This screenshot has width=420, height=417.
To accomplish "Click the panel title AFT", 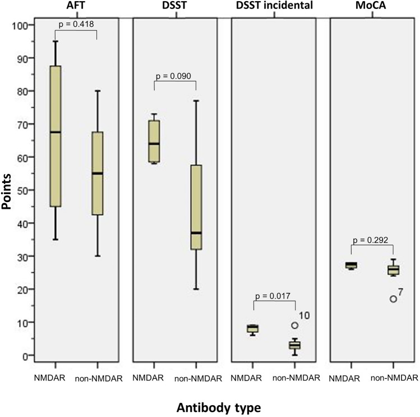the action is click(76, 6).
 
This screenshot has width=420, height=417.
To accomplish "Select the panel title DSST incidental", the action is click(274, 6).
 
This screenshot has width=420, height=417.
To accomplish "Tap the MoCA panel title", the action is click(371, 6).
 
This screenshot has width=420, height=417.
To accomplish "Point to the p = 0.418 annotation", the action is click(76, 24).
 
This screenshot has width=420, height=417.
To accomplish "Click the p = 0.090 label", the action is click(174, 76).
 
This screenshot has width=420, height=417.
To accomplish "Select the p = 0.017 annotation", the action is click(273, 296).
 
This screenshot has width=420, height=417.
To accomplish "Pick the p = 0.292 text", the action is click(371, 240).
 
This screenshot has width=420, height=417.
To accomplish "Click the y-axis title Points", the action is click(6, 191).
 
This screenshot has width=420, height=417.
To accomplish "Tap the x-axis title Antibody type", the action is click(219, 408).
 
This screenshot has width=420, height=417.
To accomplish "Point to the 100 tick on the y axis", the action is click(19, 25).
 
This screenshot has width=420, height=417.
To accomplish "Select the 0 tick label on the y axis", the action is click(24, 355).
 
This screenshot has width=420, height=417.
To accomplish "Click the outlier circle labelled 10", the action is click(294, 326).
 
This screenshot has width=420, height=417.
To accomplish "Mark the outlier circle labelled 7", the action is click(393, 299).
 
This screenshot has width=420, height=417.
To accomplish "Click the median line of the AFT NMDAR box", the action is click(55, 132).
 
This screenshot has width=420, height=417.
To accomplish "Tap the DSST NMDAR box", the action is click(154, 141).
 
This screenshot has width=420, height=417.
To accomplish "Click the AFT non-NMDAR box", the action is click(98, 173).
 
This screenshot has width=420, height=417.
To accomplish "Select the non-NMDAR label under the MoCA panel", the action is click(394, 378).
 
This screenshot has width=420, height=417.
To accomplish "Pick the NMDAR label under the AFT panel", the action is click(49, 378).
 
